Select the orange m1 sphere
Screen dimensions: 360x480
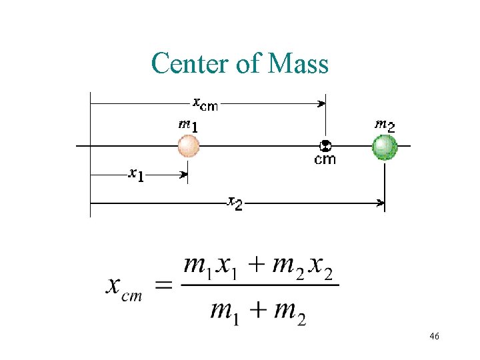(x=189, y=145)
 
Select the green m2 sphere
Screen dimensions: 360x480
(x=385, y=146)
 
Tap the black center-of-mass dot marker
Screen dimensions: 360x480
(x=325, y=145)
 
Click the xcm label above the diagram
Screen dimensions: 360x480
(x=205, y=103)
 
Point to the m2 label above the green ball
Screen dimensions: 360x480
(x=384, y=124)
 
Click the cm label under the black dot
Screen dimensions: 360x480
(x=325, y=159)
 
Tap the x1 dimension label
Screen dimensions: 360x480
(x=137, y=175)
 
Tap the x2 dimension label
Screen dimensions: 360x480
(x=235, y=203)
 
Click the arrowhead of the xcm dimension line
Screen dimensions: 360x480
(x=322, y=103)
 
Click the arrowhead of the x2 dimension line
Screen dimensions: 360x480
(x=381, y=203)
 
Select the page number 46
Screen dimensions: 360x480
(x=434, y=337)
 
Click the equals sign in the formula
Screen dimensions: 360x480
(x=164, y=285)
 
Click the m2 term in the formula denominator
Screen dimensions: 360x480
(x=290, y=311)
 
